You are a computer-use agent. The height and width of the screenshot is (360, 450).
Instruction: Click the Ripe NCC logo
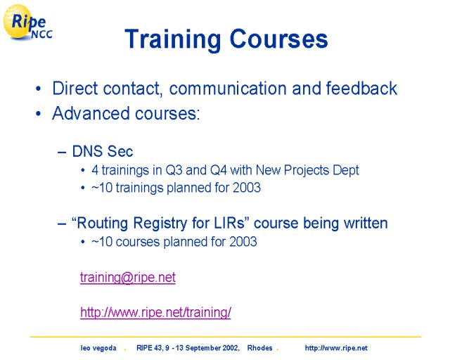point(27,22)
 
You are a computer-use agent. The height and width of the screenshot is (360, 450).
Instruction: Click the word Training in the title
point(173,39)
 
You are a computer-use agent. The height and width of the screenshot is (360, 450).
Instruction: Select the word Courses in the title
point(278,39)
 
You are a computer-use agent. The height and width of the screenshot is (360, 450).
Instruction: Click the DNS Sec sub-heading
point(103,151)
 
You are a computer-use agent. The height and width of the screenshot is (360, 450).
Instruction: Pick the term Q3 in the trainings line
point(174,170)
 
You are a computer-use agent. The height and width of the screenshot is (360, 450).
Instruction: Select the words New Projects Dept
point(307,170)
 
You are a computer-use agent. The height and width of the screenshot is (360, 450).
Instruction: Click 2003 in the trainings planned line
point(247,188)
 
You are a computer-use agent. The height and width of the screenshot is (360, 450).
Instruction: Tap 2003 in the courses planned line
point(243,242)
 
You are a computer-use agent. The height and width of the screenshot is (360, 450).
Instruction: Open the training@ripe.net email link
point(128,278)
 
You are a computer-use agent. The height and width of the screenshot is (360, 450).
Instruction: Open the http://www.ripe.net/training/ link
point(155,312)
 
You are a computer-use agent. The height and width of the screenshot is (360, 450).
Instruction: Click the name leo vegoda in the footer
point(98,348)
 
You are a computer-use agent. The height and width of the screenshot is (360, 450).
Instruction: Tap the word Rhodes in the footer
point(259,348)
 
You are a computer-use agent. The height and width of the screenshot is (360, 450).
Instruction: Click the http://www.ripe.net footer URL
point(336,348)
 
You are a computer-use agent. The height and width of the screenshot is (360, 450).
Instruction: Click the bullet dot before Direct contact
point(38,89)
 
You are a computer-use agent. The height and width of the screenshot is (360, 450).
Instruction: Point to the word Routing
point(103,224)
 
